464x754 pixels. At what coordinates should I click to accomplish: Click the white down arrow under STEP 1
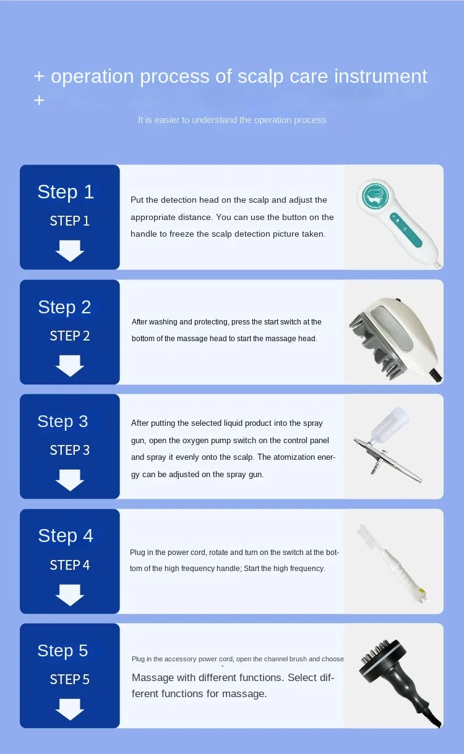(x=70, y=251)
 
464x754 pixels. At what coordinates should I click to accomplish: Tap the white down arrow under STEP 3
(x=70, y=480)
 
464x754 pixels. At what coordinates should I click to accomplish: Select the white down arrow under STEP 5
(x=70, y=710)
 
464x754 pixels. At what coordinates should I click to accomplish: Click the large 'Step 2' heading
(x=64, y=308)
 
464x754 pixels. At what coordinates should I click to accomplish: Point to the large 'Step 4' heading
(x=66, y=536)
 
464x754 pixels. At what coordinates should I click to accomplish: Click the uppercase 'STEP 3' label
(x=70, y=450)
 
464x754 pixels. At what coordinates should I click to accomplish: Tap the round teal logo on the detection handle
(x=375, y=196)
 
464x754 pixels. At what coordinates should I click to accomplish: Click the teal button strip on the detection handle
(x=406, y=230)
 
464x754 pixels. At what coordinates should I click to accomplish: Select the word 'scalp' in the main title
(x=260, y=77)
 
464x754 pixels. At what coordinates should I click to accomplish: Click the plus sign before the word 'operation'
(x=39, y=76)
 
